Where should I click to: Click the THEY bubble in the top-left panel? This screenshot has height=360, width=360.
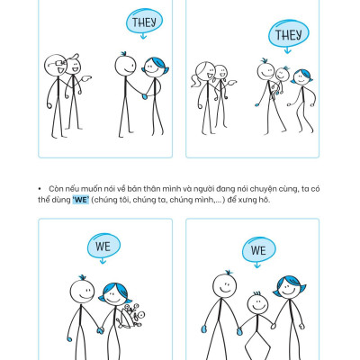tap(144, 21)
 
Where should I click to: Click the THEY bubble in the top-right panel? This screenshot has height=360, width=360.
tap(288, 33)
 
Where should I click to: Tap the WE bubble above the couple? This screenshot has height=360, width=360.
tap(103, 246)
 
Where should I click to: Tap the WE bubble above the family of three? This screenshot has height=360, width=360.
tap(258, 249)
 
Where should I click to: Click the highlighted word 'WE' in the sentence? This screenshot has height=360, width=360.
tap(81, 200)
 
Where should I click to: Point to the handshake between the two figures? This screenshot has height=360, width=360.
tap(145, 95)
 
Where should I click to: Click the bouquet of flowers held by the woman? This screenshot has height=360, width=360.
tap(130, 316)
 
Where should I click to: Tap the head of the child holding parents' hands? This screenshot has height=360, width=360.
tap(257, 303)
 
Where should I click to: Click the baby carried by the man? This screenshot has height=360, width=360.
tap(280, 79)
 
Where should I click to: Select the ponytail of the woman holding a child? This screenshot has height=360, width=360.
tap(195, 81)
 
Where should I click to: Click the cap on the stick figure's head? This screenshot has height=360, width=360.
tap(74, 57)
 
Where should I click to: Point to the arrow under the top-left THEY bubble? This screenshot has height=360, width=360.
tap(143, 36)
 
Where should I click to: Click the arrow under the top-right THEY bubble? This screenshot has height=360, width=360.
tap(288, 50)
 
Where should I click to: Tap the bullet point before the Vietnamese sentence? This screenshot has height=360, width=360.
tap(40, 189)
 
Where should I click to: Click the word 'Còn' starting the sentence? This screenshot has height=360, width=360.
tap(56, 189)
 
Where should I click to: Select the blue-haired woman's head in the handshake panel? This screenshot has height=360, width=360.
tap(155, 67)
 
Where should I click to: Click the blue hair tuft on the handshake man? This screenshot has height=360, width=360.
tap(123, 54)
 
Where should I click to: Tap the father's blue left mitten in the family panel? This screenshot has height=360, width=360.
tap(204, 329)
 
